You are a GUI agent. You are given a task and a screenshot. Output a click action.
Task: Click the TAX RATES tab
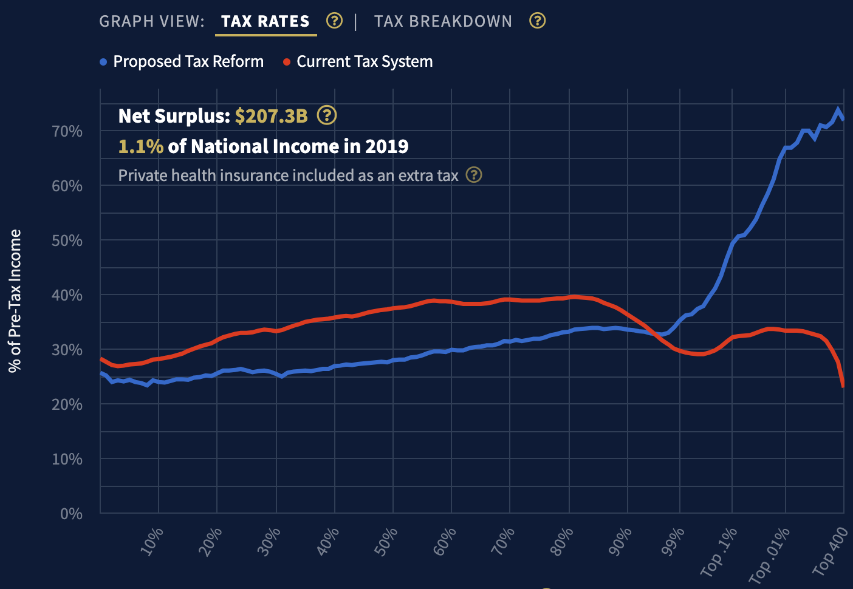[265, 21]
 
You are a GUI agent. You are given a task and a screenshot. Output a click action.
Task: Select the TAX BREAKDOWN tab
[443, 21]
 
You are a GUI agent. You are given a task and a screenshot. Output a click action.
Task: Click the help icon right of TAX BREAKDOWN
[537, 21]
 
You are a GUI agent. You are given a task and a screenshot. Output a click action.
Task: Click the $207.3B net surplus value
[272, 115]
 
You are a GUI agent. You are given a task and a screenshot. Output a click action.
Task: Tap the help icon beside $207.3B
[327, 115]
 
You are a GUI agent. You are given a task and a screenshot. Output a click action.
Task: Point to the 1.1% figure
[140, 146]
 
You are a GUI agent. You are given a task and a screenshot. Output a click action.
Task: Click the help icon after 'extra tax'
[474, 175]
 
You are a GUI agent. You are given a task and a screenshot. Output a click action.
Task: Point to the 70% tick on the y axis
[67, 131]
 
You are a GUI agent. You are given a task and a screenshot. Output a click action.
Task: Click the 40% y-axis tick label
[67, 295]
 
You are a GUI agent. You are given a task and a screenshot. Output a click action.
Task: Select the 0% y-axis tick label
[71, 514]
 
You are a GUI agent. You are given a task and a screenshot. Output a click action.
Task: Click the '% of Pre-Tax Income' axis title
[15, 301]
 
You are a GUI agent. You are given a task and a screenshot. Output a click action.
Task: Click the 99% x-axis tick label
[673, 541]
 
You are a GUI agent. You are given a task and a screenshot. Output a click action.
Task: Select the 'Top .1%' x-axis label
[719, 551]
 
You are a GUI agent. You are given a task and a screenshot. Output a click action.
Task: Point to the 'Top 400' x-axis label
[830, 551]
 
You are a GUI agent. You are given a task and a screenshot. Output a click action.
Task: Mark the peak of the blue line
[838, 110]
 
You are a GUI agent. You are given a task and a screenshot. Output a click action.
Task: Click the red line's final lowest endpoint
[843, 386]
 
